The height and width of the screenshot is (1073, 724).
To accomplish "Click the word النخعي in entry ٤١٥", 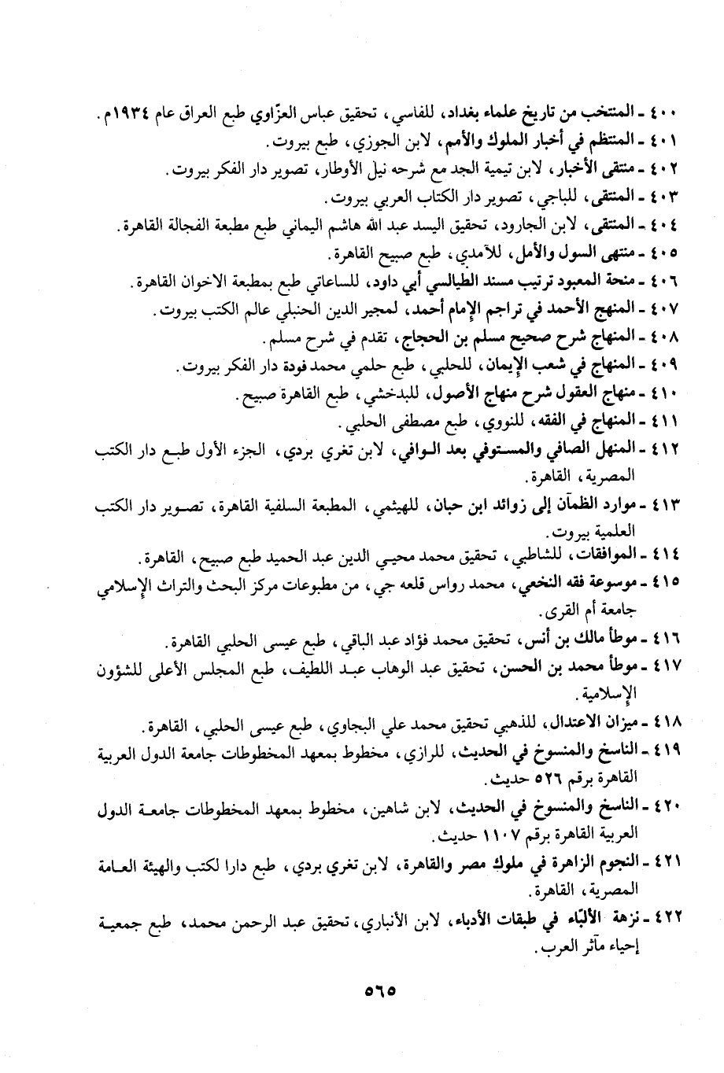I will click(x=538, y=583).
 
